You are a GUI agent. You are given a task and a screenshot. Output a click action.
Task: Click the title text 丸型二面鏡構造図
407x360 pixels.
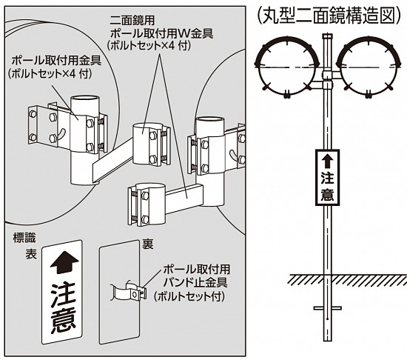331,16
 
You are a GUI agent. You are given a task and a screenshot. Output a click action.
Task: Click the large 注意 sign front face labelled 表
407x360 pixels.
62,293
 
